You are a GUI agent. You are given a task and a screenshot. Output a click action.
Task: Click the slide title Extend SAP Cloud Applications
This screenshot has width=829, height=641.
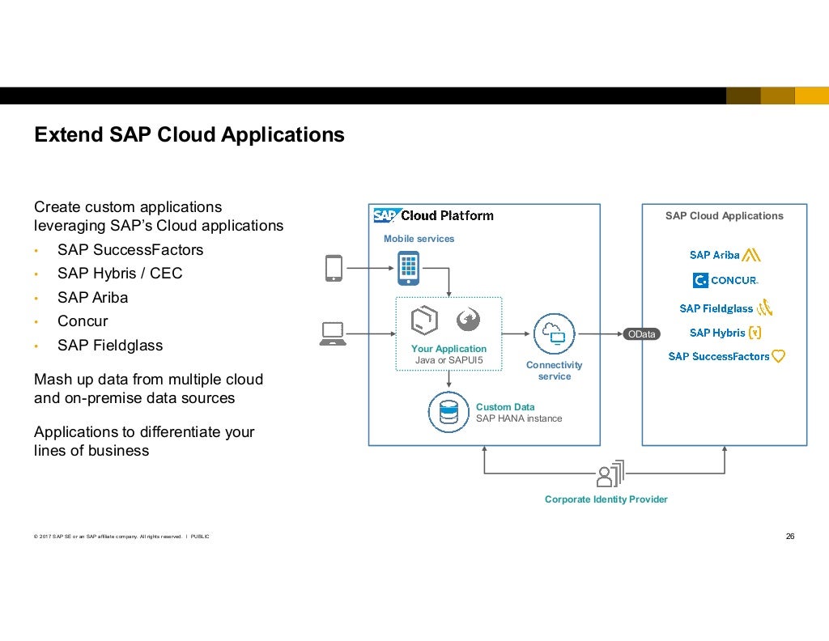[x=189, y=134]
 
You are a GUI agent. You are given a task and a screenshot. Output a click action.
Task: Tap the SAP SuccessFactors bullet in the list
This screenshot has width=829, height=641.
[x=130, y=250]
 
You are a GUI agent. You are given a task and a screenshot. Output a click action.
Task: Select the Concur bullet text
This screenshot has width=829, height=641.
[x=83, y=321]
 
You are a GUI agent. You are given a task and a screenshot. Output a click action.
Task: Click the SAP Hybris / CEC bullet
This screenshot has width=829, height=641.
[x=120, y=274]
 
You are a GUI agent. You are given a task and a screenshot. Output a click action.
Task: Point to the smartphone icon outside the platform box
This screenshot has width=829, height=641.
[x=334, y=268]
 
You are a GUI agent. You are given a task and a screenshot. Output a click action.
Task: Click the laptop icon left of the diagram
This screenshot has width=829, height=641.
[x=333, y=333]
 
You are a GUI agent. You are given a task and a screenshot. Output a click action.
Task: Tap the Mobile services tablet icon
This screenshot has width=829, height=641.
[x=408, y=268]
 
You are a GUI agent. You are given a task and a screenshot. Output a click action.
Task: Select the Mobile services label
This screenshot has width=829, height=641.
[x=419, y=239]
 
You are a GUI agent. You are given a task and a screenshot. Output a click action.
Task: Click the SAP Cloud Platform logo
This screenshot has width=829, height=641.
[x=433, y=215]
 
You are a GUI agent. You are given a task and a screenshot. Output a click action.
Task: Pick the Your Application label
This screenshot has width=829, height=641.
[x=449, y=349]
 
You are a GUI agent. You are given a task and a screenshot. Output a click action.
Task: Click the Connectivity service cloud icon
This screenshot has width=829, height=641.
[x=554, y=333]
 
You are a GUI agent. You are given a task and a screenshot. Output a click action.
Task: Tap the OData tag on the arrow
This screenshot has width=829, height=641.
[x=641, y=333]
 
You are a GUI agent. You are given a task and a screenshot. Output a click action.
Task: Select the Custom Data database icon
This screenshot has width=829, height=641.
[x=449, y=412]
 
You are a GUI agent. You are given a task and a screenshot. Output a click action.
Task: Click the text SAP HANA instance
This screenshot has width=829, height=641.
[x=518, y=418]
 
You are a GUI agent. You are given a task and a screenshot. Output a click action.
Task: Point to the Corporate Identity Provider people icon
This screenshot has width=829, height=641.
[x=610, y=474]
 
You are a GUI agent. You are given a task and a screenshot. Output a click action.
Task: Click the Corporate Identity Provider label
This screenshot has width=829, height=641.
[x=606, y=499]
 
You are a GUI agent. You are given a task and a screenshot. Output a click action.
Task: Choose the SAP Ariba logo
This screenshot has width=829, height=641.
[x=725, y=255]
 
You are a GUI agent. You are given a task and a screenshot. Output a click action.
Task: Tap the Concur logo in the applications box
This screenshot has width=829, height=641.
[x=725, y=281]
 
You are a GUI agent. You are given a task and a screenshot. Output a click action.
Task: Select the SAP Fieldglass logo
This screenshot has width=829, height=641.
[x=725, y=308]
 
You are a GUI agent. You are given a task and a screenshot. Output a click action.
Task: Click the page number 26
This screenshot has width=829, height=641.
[x=790, y=536]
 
